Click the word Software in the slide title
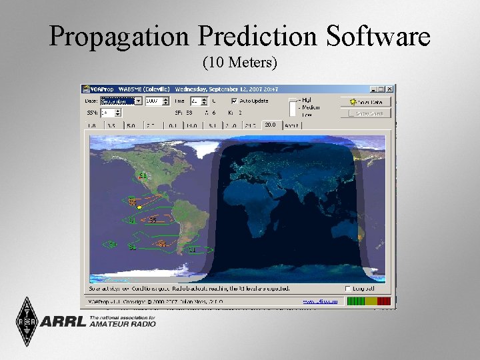376,37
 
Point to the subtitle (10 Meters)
239,63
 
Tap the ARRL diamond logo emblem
27,321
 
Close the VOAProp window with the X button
390,89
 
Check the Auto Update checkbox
234,101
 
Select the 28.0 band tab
270,125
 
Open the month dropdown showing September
121,101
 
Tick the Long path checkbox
348,289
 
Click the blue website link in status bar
321,301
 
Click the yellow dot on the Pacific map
139,207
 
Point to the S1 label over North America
142,175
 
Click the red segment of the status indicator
383,301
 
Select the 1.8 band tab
92,125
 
